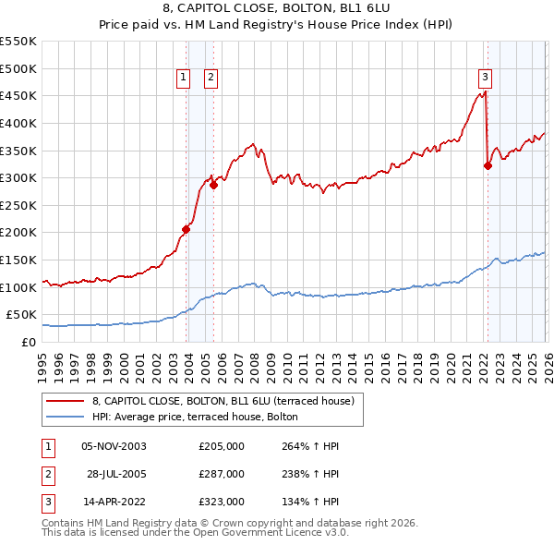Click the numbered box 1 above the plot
[185, 78]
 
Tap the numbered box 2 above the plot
[211, 78]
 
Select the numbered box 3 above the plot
[485, 78]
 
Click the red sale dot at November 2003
[187, 229]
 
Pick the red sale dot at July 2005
[213, 185]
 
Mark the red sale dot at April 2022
[487, 165]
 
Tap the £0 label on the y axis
[30, 342]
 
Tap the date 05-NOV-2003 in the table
[114, 446]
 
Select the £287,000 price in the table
[221, 474]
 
